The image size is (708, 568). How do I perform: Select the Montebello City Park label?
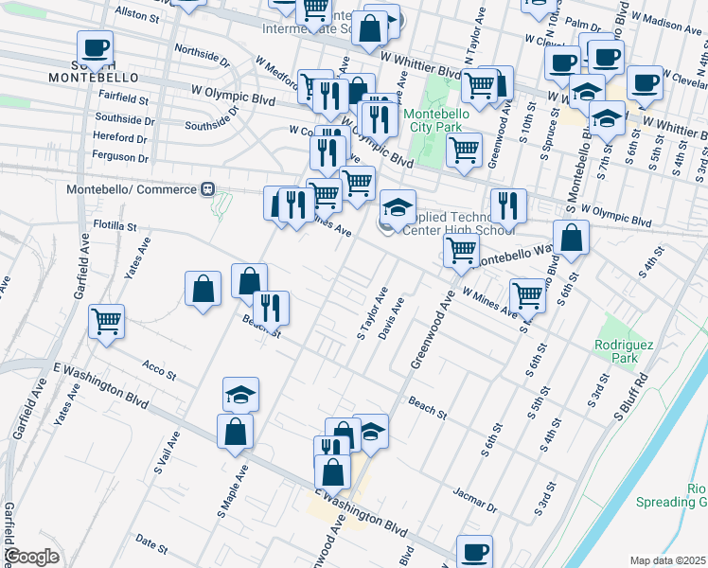coord(434,121)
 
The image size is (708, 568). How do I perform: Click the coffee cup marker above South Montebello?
coord(95,48)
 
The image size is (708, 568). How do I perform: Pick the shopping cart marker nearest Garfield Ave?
coord(107,321)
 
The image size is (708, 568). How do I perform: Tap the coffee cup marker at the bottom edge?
coord(474,551)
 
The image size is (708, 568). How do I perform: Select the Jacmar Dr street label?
coord(475,501)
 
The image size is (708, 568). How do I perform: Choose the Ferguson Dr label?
coord(122,153)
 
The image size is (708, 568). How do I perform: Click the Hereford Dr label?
coord(123,136)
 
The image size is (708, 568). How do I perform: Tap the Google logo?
coord(31,557)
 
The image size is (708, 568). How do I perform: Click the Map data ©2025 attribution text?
coord(667,560)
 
